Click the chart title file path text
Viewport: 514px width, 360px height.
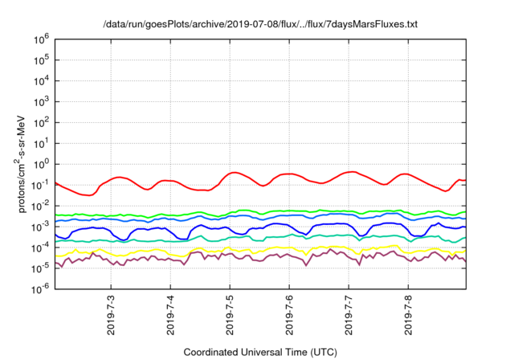tap(261, 24)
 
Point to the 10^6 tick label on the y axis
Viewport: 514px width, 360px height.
tap(43, 38)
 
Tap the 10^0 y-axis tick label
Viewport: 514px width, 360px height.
tap(43, 163)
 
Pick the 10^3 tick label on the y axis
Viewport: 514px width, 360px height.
tap(43, 100)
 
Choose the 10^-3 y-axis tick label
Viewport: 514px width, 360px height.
tap(41, 226)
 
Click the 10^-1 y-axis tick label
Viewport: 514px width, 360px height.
tap(41, 184)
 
